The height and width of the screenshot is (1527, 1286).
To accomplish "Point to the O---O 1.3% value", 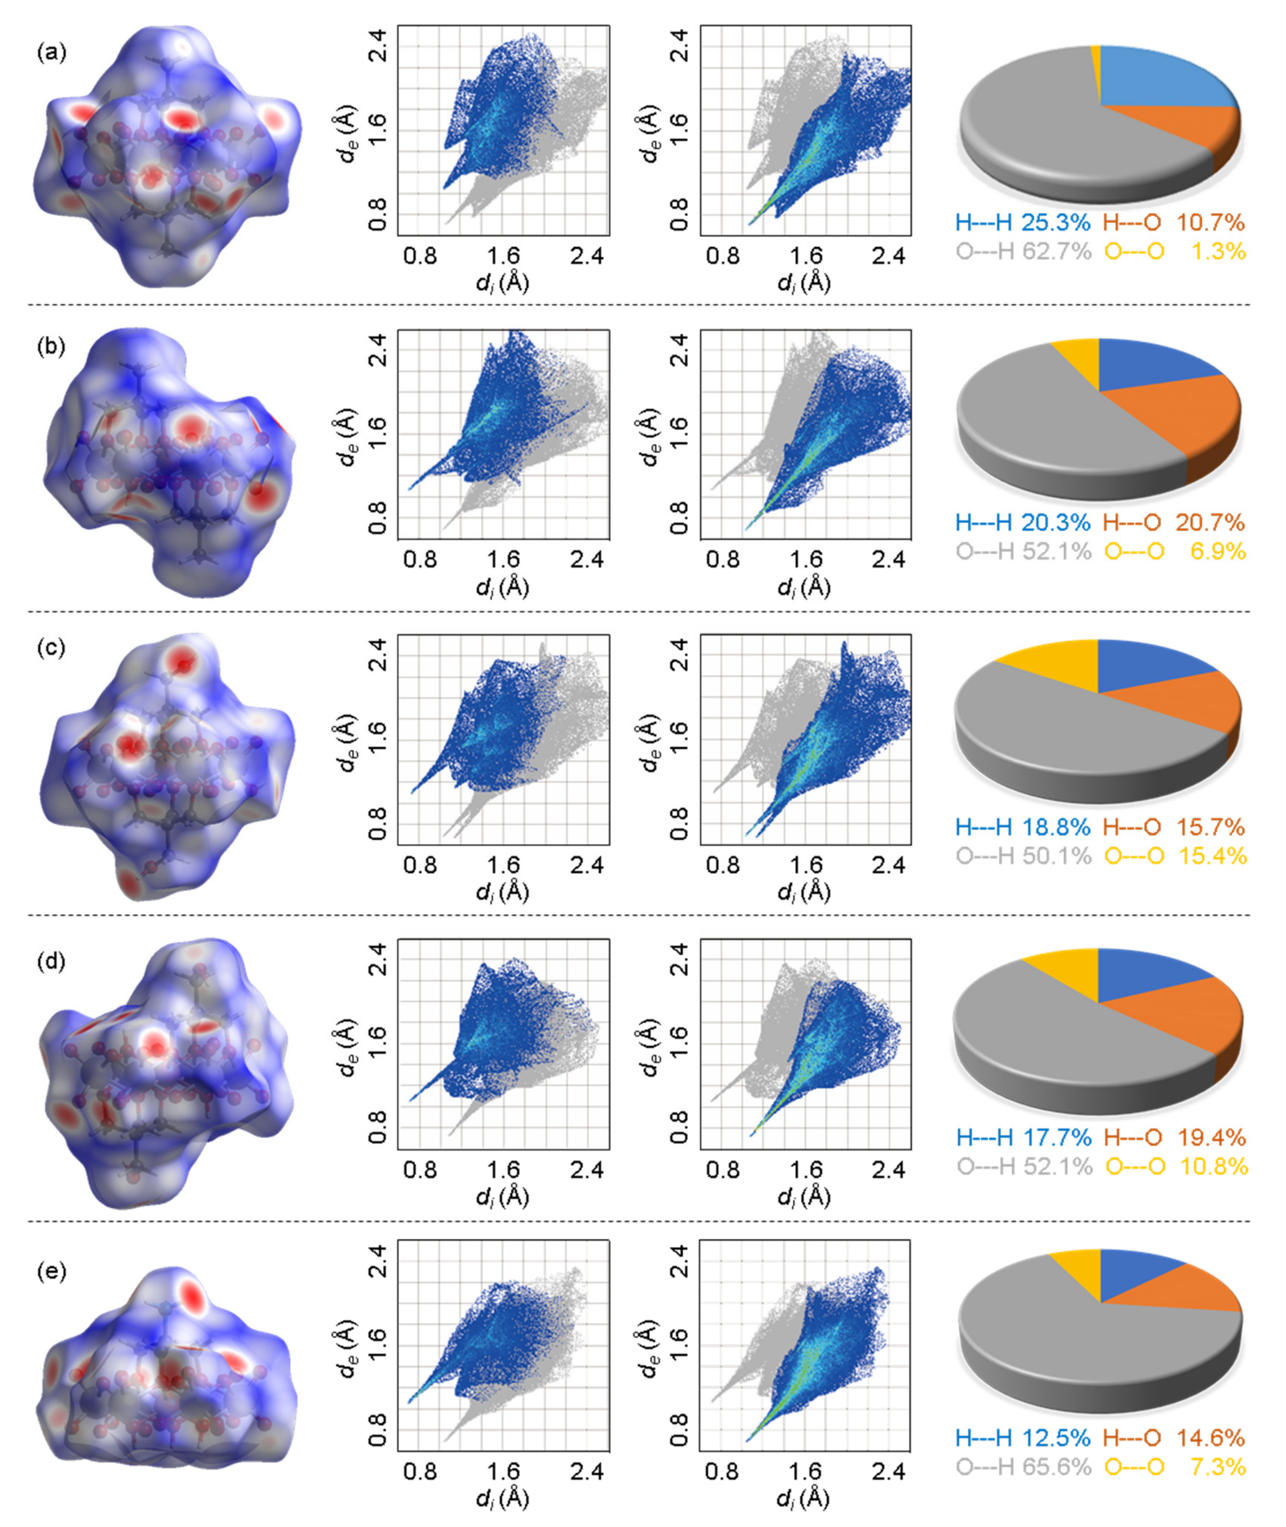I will point(1175,252).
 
